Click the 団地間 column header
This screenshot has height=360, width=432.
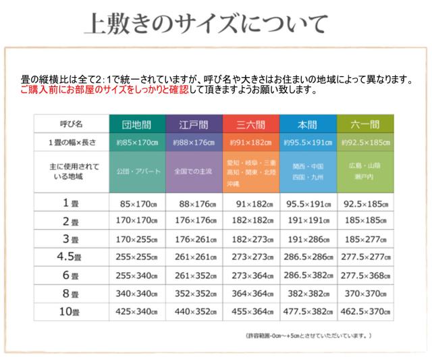coord(137,125)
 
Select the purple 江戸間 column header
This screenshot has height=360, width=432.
coord(194,125)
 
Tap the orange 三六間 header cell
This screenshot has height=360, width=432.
coord(250,125)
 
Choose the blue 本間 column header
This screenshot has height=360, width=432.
coord(308,125)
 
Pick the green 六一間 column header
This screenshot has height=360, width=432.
coord(365,125)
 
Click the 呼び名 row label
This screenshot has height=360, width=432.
coord(71,125)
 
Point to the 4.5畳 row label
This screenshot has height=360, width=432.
coord(71,257)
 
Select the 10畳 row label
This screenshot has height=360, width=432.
coord(71,312)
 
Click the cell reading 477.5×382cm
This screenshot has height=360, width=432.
coord(308,312)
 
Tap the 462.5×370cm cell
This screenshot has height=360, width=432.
coord(365,312)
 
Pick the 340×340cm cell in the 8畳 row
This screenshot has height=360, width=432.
coord(137,294)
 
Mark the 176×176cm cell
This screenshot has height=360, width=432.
coord(194,221)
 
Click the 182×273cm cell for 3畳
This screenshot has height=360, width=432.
coord(250,239)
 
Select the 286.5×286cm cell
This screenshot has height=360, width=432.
coord(308,257)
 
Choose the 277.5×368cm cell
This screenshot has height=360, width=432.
coord(365,276)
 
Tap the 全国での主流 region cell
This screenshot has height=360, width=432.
coord(194,172)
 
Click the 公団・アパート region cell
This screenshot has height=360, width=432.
coord(137,172)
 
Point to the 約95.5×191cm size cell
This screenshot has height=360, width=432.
coord(308,143)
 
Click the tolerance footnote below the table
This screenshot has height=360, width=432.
coord(308,335)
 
